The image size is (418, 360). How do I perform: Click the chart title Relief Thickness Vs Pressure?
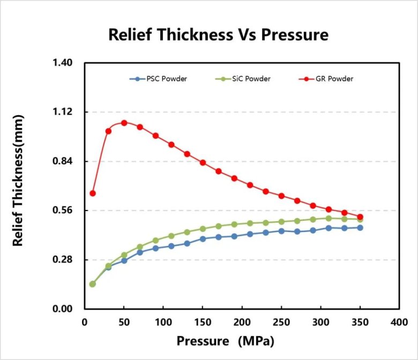pyautogui.click(x=218, y=35)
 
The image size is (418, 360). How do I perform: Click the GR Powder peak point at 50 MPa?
pyautogui.click(x=124, y=123)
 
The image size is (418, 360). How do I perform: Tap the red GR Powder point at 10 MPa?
pyautogui.click(x=93, y=193)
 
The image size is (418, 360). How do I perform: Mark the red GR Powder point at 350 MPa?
pyautogui.click(x=360, y=217)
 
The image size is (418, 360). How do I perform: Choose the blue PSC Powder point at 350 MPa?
pyautogui.click(x=360, y=228)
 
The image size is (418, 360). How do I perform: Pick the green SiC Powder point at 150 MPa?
pyautogui.click(x=203, y=229)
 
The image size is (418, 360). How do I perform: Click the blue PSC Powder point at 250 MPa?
pyautogui.click(x=281, y=231)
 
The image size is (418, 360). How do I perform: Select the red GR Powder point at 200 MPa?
pyautogui.click(x=242, y=182)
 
